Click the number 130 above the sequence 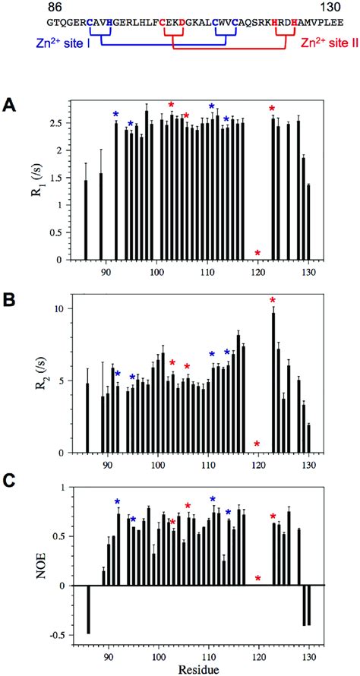311,7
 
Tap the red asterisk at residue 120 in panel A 258,252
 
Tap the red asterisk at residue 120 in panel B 258,444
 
